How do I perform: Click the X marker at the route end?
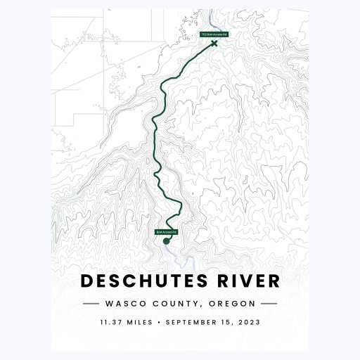coord(214,44)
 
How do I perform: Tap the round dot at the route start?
coord(167,241)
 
